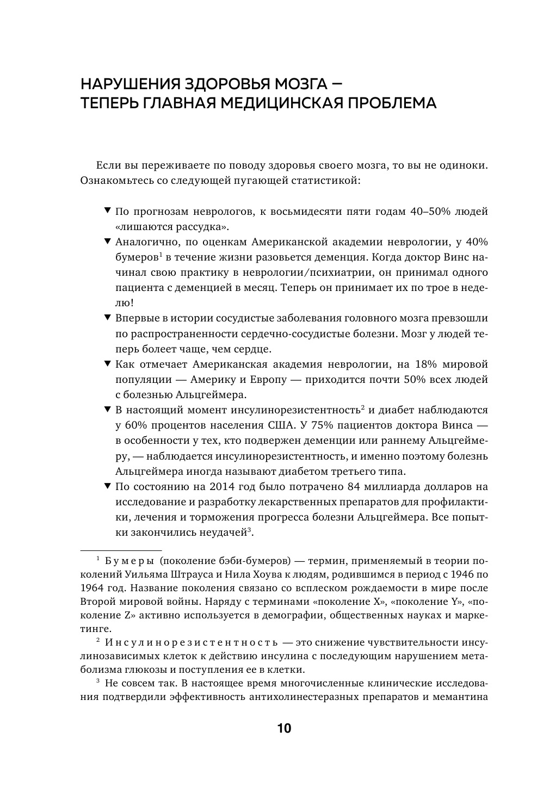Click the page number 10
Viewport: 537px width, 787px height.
[x=284, y=729]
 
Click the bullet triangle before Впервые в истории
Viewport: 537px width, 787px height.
[x=107, y=317]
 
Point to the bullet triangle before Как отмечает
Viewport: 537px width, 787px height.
[x=107, y=363]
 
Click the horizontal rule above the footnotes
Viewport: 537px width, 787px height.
[x=121, y=550]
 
